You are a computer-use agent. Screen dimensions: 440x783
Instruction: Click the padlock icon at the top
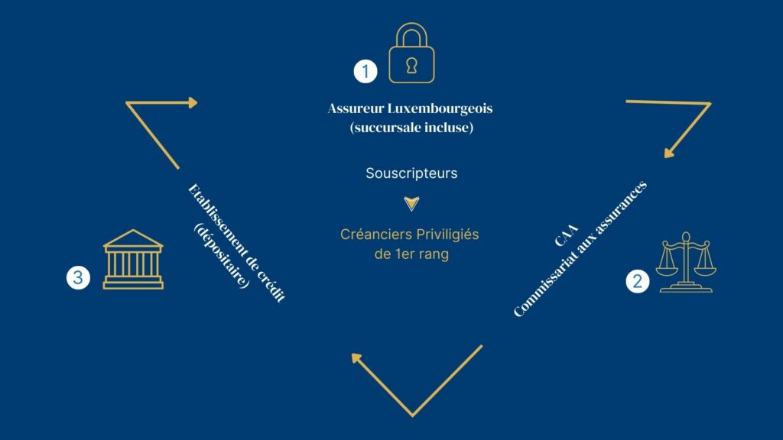tap(411, 54)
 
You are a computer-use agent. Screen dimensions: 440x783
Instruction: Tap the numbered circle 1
tap(366, 72)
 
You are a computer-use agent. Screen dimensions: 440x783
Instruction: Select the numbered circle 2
tap(638, 281)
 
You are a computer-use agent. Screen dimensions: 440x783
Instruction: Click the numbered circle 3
tap(77, 277)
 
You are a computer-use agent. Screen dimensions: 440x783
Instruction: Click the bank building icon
tap(133, 260)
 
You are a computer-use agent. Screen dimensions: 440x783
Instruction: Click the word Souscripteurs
tap(411, 173)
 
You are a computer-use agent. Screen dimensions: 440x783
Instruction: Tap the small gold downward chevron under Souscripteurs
tap(411, 204)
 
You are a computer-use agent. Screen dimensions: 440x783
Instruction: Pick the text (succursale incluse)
tap(411, 128)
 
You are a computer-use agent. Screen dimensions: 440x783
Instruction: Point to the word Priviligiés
tap(447, 234)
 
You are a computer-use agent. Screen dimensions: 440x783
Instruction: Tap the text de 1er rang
tap(411, 254)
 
